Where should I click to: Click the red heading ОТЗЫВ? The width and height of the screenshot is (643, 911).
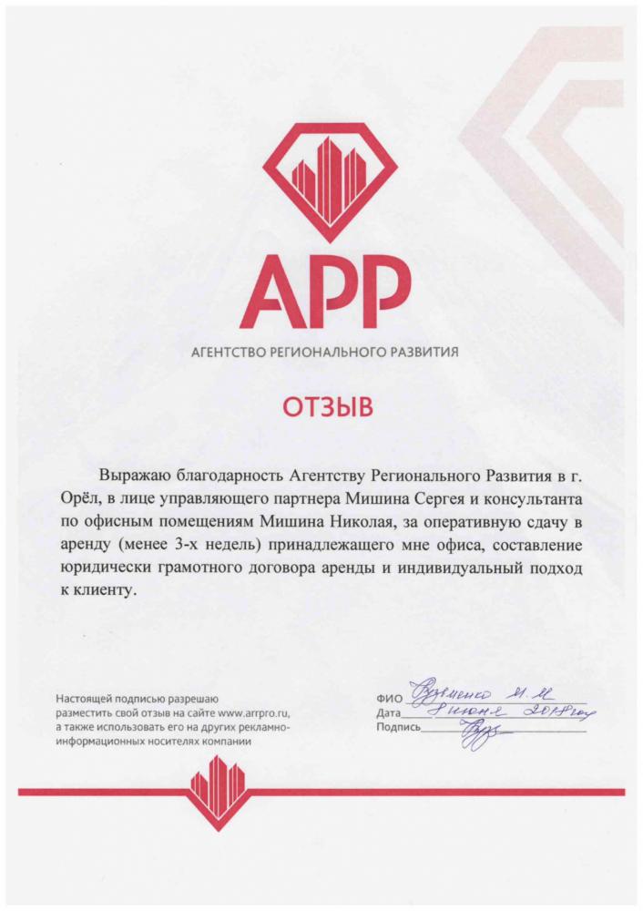coord(321,407)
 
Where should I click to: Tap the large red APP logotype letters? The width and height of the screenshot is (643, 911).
coord(321,289)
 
